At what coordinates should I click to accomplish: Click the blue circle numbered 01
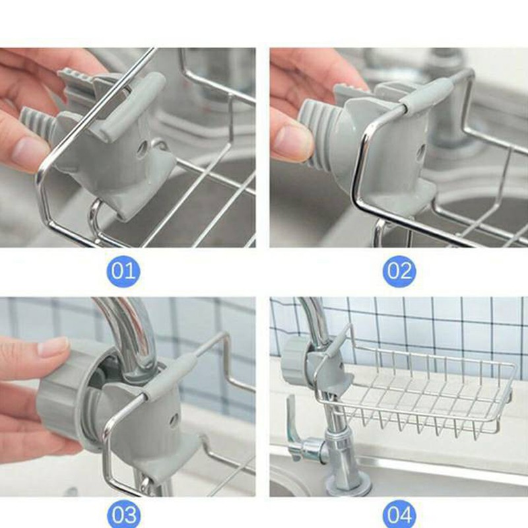coord(123,271)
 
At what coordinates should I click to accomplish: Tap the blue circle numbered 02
coord(399,271)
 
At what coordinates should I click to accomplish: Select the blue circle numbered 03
coord(123,515)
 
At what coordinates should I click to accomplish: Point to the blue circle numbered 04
coord(399,515)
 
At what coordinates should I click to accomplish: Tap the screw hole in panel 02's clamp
coord(421,152)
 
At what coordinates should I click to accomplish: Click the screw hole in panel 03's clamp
coord(174,420)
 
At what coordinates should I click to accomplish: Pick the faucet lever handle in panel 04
coord(292,421)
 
